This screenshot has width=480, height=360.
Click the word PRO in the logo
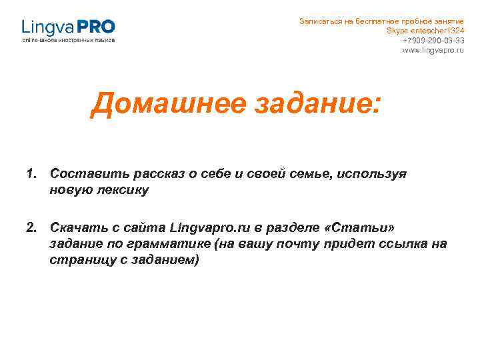97,27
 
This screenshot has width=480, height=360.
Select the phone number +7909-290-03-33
433,41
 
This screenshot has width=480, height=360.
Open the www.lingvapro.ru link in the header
433,51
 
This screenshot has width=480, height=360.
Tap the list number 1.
31,174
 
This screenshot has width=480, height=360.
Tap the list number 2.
31,228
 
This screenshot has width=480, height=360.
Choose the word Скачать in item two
75,228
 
